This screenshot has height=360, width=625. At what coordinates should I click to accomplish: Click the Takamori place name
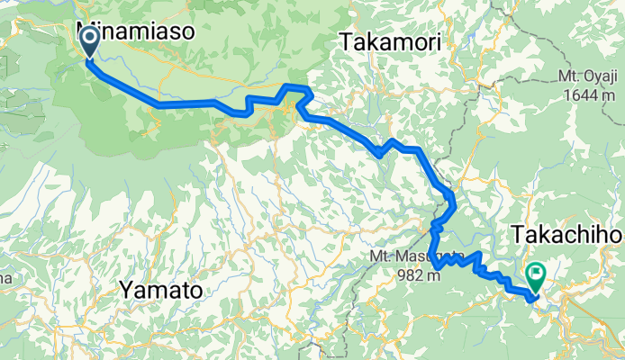[390, 40]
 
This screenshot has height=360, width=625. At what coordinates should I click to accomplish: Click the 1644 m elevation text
[592, 94]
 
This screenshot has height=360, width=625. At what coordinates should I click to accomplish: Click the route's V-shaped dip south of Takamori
[380, 154]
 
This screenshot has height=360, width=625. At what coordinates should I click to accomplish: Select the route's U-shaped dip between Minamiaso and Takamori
[243, 112]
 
